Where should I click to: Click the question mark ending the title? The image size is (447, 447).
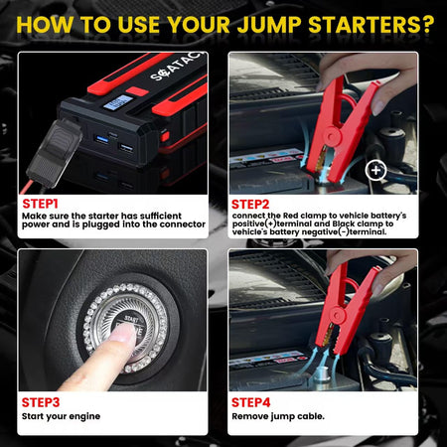428,21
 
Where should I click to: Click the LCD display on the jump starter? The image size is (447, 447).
118,101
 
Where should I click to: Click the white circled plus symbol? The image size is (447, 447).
375,170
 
